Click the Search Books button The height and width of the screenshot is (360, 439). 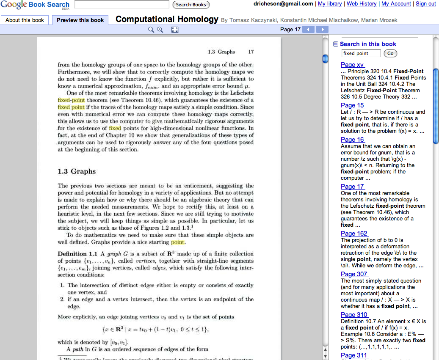[x=191, y=5]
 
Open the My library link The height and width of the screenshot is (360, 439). [x=330, y=4]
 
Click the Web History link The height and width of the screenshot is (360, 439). [x=362, y=4]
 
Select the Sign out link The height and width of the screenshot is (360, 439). [x=425, y=4]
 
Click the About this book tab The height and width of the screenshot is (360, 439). [x=25, y=20]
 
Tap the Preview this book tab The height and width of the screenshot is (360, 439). [x=80, y=20]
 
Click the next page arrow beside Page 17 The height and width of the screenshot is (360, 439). [x=323, y=29]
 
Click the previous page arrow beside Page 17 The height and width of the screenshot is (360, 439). [x=309, y=29]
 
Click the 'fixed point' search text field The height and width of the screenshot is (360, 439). [x=361, y=53]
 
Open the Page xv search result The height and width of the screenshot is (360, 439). [x=352, y=65]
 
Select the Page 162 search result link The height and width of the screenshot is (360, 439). [x=354, y=234]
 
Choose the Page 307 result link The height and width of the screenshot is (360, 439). [x=354, y=274]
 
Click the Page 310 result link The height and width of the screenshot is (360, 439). [x=354, y=315]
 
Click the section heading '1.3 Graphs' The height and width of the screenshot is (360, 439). [x=77, y=171]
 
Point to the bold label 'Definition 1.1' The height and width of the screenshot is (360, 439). [x=77, y=254]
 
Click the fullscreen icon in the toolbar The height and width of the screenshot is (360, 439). [x=175, y=30]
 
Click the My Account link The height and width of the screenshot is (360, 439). [x=396, y=4]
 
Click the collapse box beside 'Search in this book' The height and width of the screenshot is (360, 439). [x=336, y=44]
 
